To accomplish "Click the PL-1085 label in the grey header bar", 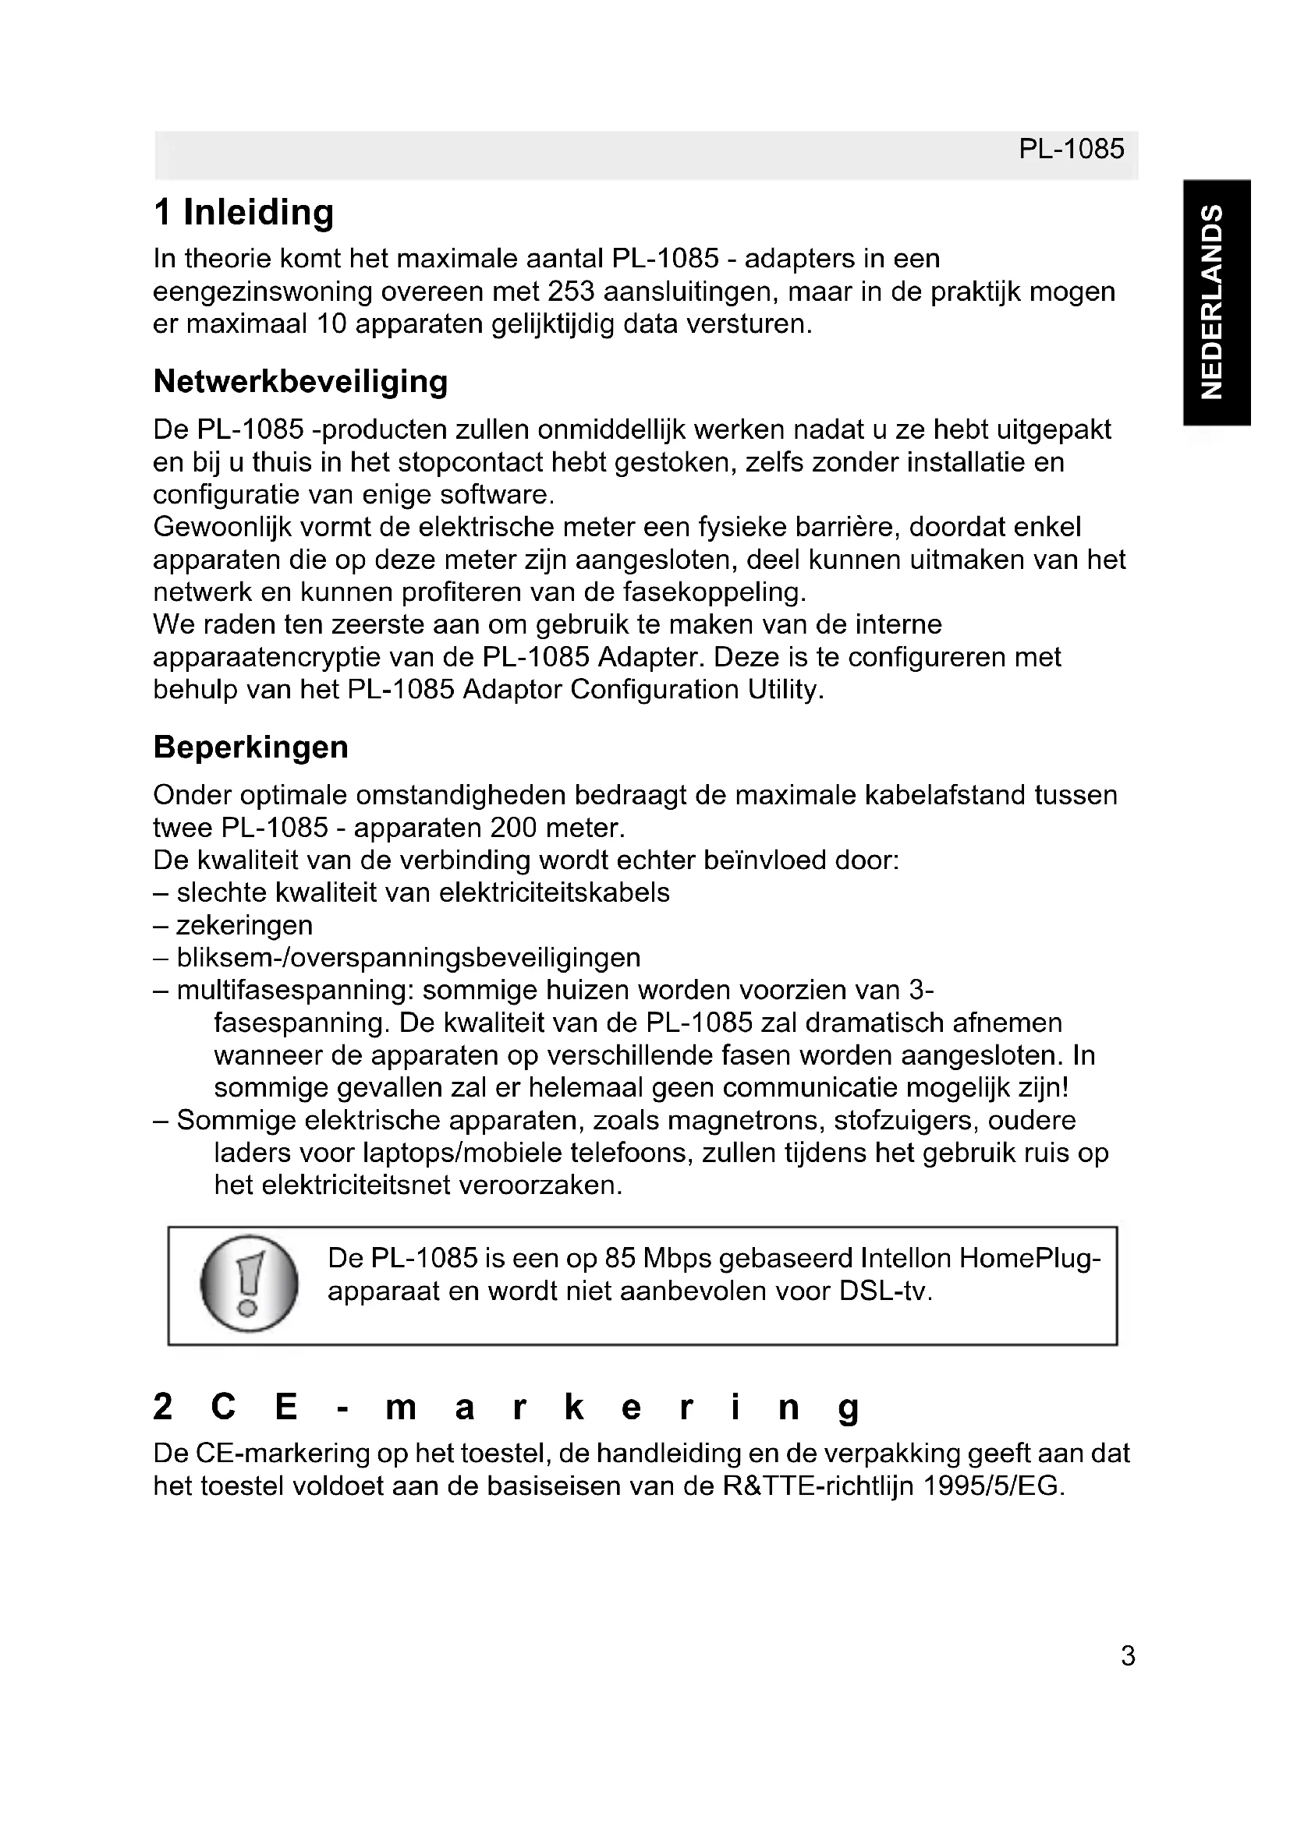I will (1071, 150).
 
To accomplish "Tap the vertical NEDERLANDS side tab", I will (1215, 302).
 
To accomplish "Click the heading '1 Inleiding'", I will (243, 213).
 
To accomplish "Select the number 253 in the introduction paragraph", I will (571, 292).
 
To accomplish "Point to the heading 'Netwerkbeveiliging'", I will (300, 382).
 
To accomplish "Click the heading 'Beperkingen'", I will (250, 747).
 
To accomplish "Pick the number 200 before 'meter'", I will (514, 828).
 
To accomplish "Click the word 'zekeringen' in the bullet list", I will (245, 926).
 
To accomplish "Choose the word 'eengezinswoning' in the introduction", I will (262, 292).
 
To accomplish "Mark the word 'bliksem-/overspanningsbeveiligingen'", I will (408, 959).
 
